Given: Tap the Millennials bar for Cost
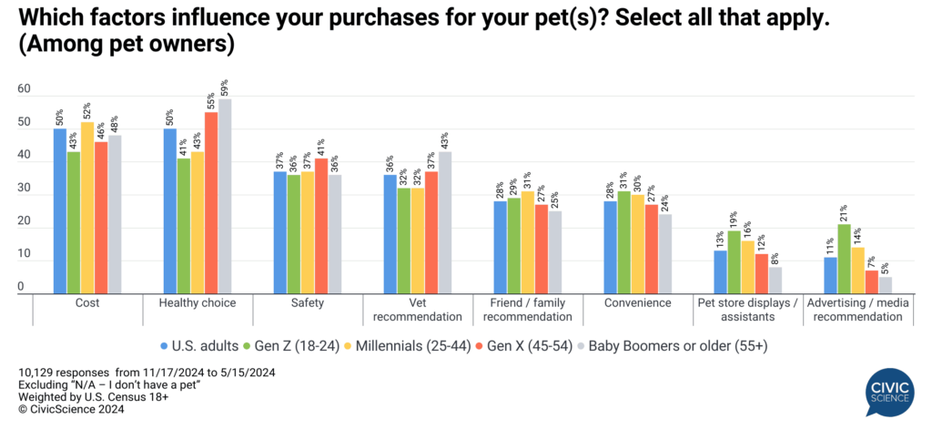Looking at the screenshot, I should [86, 210].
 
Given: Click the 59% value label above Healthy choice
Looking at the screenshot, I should [225, 88].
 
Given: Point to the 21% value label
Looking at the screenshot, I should [845, 213].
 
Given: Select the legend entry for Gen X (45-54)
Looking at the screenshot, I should [515, 346].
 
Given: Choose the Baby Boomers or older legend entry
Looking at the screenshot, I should [674, 346].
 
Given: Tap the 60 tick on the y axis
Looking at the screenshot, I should [25, 89].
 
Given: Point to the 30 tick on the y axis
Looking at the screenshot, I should [25, 189].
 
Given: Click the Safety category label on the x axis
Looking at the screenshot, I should [307, 303].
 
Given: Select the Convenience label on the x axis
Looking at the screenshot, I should [638, 303].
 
